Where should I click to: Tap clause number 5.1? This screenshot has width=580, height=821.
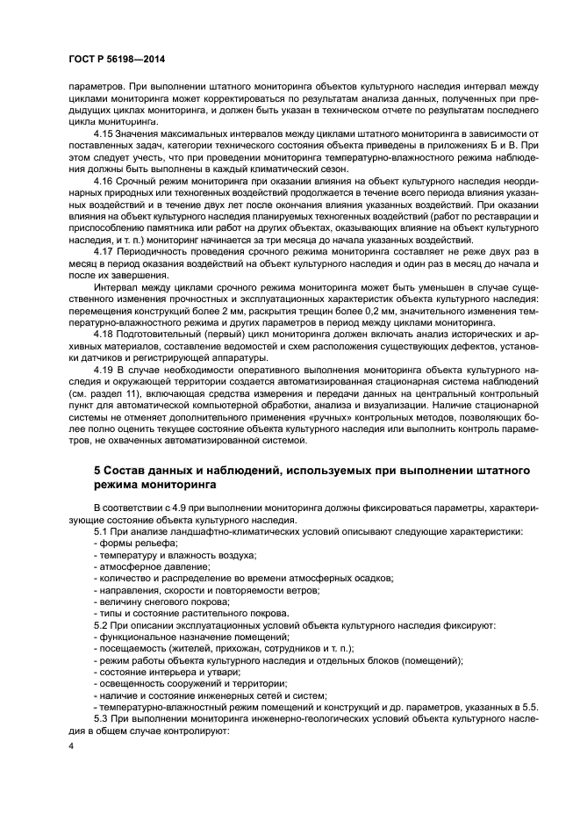pyautogui.click(x=101, y=532)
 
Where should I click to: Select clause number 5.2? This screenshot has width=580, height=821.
pyautogui.click(x=101, y=624)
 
